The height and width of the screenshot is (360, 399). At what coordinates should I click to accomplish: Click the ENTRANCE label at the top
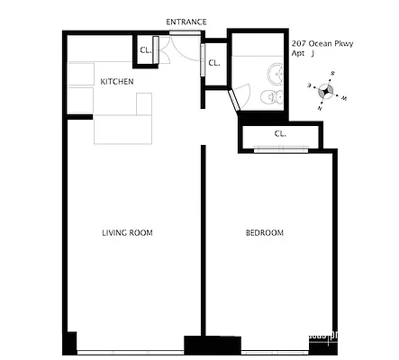click(x=186, y=22)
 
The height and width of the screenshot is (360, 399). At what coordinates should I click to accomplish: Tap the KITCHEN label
click(x=117, y=82)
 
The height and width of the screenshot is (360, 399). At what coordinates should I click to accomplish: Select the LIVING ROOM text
click(x=127, y=233)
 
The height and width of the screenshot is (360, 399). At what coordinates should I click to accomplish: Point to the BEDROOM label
click(x=265, y=233)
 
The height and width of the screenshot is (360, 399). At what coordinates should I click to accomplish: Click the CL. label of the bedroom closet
click(x=280, y=134)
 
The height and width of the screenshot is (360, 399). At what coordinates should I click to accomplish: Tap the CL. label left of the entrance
click(x=145, y=51)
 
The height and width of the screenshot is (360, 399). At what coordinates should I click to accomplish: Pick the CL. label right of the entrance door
click(x=214, y=63)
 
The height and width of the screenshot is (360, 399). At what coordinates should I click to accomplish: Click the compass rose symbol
click(x=329, y=91)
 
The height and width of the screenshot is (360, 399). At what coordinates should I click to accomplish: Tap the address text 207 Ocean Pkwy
click(x=322, y=42)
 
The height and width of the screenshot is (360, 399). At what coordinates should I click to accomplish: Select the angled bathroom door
click(x=236, y=99)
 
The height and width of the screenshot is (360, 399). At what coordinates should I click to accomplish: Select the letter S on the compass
click(x=332, y=73)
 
